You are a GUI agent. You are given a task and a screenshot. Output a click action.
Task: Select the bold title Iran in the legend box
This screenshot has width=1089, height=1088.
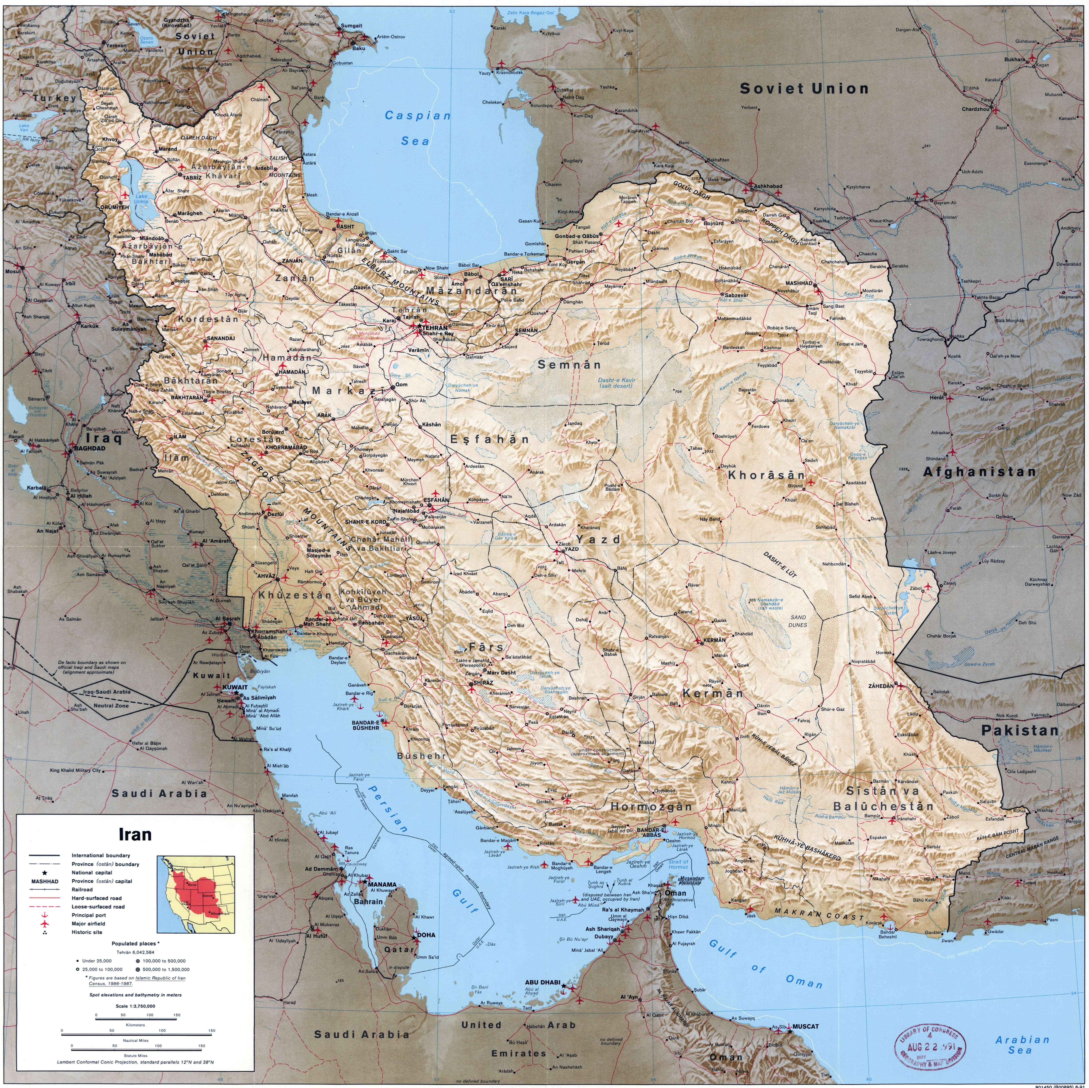tap(135, 834)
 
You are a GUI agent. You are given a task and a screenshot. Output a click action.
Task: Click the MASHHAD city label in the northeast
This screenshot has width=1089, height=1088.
tap(800, 284)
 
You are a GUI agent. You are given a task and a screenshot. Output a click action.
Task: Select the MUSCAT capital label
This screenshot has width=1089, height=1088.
tap(805, 1026)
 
